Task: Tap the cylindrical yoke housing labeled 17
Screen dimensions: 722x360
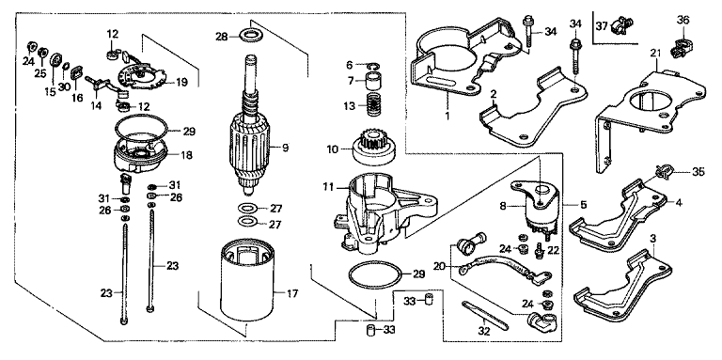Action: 247,282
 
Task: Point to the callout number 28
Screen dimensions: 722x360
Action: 223,36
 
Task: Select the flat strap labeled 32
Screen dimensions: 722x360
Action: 484,316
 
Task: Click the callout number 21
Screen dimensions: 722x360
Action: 655,54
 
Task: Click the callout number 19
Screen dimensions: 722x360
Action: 181,83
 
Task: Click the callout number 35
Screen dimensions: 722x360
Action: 698,173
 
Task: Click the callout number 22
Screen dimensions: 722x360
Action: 553,249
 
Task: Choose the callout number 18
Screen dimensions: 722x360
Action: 186,155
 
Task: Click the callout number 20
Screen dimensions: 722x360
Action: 440,265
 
